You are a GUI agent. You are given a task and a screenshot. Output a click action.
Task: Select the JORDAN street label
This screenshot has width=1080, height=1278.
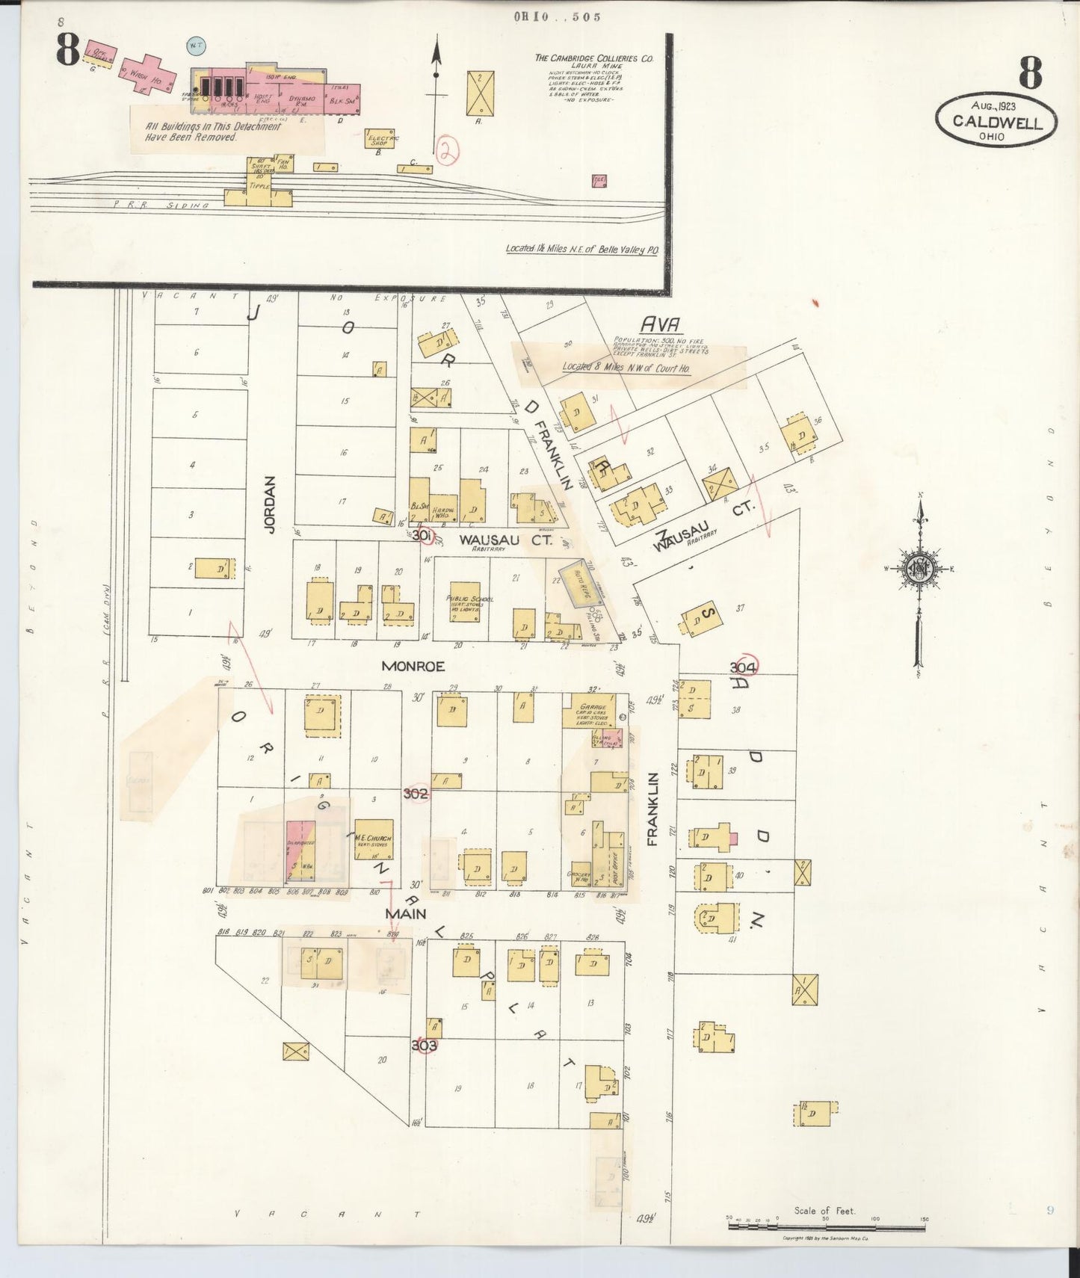271,504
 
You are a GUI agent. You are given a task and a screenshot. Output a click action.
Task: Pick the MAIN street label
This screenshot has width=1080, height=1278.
405,913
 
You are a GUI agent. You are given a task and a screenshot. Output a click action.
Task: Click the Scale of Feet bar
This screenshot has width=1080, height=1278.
826,1220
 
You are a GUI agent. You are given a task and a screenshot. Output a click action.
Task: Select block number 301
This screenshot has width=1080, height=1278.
422,535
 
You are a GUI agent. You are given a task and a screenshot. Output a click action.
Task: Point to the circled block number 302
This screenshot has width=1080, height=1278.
416,793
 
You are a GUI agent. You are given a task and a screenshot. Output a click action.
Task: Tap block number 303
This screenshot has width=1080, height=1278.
424,1046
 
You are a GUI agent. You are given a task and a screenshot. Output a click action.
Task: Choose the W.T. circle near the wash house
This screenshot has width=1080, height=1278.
197,46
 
